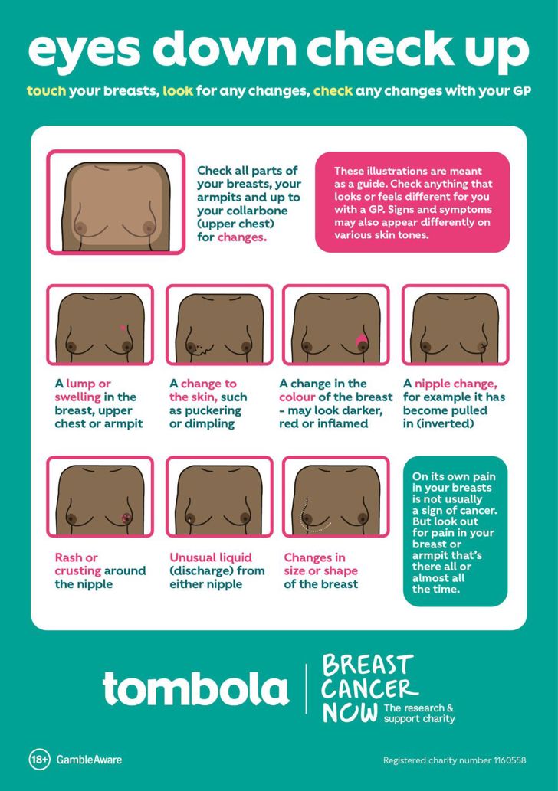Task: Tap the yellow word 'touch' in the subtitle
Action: (46, 91)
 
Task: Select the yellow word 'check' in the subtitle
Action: (333, 91)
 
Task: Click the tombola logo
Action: (195, 688)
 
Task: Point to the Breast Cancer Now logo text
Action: (367, 687)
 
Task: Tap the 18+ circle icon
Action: (40, 760)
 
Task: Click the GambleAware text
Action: (89, 760)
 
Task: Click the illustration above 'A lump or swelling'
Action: (100, 325)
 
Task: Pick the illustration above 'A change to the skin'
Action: (219, 325)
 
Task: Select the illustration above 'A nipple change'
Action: (455, 325)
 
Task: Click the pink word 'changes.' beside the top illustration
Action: (242, 237)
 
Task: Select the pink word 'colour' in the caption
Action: (297, 397)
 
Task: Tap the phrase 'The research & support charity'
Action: (419, 713)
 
